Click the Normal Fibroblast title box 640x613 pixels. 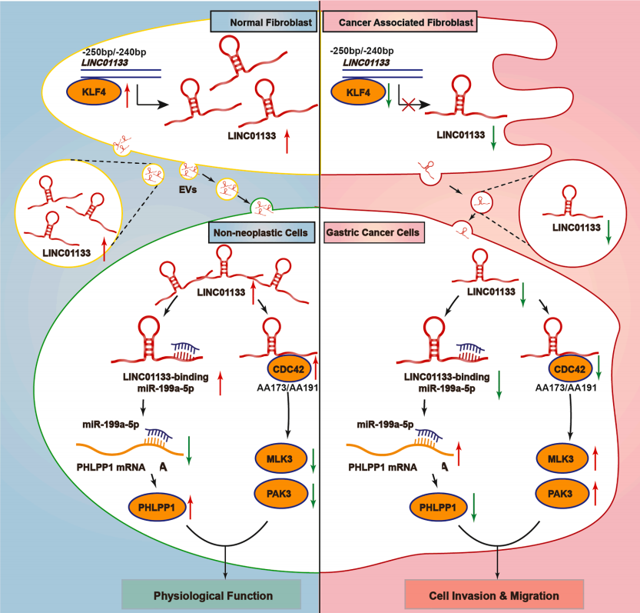pos(264,22)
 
